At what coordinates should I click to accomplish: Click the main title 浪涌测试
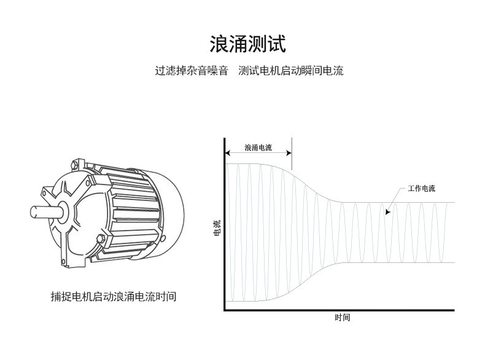pyautogui.click(x=247, y=44)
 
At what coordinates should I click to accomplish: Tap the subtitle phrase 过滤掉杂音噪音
pyautogui.click(x=190, y=71)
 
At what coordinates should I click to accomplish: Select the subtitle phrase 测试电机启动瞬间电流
pyautogui.click(x=290, y=71)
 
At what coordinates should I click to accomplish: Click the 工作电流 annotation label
pyautogui.click(x=421, y=188)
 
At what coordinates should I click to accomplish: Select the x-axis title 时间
pyautogui.click(x=343, y=318)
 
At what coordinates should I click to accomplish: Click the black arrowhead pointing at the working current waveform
pyautogui.click(x=387, y=213)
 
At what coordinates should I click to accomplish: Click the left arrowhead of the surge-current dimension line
pyautogui.click(x=228, y=152)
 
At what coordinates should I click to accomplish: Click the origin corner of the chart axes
pyautogui.click(x=225, y=310)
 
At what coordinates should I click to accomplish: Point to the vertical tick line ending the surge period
pyautogui.click(x=291, y=154)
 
